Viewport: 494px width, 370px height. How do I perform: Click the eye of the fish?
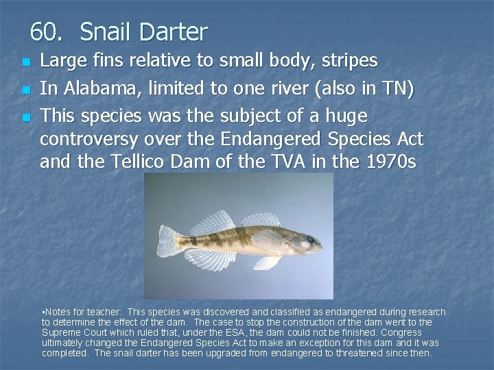[x=310, y=241]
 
